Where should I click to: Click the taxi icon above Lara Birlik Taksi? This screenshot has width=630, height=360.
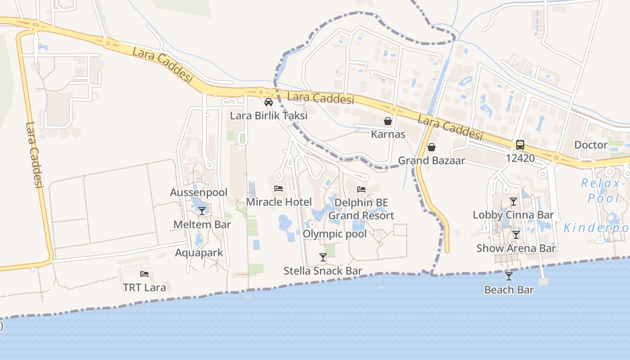269,102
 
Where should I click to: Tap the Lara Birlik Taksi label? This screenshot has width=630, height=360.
269,116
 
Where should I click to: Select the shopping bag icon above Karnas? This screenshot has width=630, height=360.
388,121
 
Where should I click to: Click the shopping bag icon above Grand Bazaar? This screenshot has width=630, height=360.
431,147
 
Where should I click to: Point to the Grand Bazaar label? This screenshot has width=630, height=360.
431,161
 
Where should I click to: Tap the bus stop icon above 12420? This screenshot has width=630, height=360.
520,145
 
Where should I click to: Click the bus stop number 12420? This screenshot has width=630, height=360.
520,158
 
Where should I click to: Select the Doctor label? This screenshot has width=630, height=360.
591,145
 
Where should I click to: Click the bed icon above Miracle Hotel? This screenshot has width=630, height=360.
279,189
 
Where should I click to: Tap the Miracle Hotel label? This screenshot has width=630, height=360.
279,202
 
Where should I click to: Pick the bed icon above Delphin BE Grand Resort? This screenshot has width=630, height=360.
361,189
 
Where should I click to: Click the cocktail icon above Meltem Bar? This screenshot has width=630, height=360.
202,211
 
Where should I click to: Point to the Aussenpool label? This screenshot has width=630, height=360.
198,193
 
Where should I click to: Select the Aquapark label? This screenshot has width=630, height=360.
199,253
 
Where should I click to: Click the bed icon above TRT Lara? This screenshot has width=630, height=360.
144,274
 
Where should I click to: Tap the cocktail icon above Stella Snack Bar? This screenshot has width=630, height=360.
323,257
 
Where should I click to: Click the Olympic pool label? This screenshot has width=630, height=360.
334,234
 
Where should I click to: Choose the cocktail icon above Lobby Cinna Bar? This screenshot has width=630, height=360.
513,201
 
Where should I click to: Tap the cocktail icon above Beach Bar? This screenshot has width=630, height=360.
509,276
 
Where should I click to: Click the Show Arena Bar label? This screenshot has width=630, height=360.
516,248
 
